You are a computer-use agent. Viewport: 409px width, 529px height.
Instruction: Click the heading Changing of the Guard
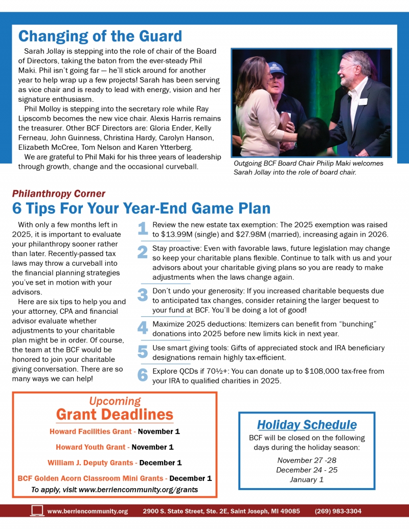pyautogui.click(x=100, y=36)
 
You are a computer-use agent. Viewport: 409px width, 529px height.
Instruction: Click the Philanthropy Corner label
pyautogui.click(x=58, y=194)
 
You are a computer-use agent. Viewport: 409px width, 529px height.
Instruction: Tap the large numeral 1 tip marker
pyautogui.click(x=143, y=229)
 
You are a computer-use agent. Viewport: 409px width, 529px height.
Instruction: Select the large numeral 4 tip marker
pyautogui.click(x=143, y=328)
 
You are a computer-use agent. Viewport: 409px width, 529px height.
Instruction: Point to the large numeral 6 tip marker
pyautogui.click(x=143, y=375)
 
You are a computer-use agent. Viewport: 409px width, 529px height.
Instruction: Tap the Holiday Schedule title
pyautogui.click(x=307, y=425)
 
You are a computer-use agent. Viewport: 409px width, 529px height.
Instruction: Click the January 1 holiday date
pyautogui.click(x=307, y=479)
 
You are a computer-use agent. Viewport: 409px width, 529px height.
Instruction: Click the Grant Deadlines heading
pyautogui.click(x=115, y=414)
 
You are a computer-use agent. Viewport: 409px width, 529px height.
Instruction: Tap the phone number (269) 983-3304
pyautogui.click(x=338, y=511)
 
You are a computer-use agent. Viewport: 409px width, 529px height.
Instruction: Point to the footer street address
pyautogui.click(x=221, y=511)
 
